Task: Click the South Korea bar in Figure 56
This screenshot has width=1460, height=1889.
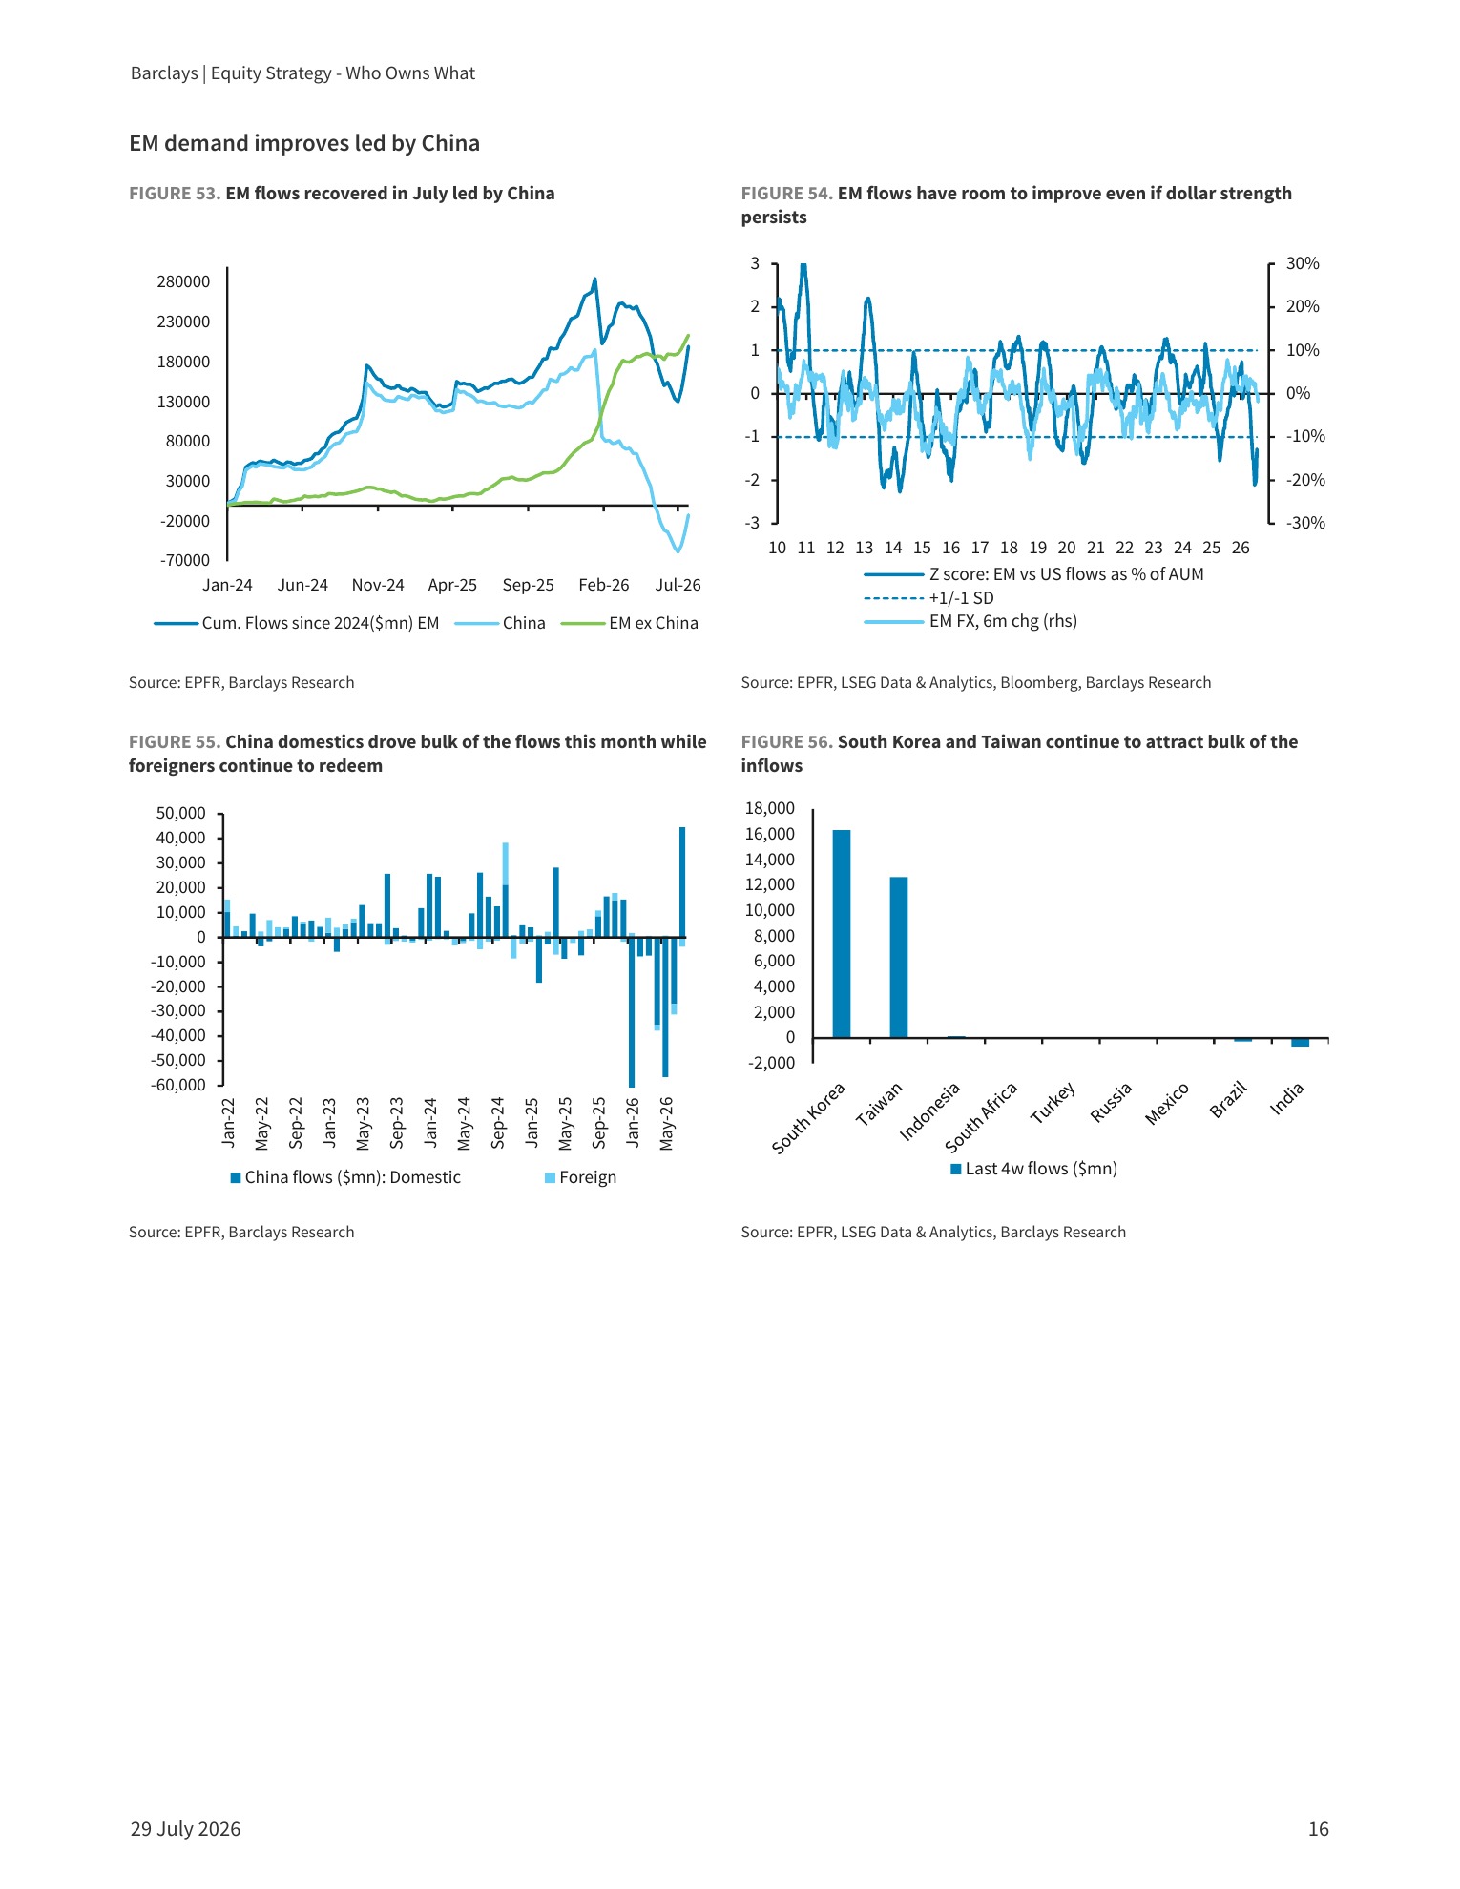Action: tap(841, 933)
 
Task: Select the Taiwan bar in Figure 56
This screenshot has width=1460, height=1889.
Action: tap(899, 957)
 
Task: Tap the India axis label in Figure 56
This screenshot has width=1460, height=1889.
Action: tap(1286, 1099)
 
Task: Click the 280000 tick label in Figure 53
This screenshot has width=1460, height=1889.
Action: tap(183, 281)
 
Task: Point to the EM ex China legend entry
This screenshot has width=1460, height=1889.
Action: tap(630, 623)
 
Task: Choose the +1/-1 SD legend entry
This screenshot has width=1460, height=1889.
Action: tap(928, 598)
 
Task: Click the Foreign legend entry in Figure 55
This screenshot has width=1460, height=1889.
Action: tap(580, 1177)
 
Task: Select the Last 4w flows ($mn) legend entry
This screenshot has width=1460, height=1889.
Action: tap(1033, 1169)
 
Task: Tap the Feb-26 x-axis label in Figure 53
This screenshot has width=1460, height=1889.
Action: tap(604, 585)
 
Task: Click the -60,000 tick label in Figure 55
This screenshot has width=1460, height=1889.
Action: tap(178, 1085)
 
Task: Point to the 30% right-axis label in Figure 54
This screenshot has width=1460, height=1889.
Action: tap(1303, 263)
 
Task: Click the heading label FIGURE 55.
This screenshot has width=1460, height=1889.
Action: tap(175, 742)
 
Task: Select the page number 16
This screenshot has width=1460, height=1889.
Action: tap(1318, 1829)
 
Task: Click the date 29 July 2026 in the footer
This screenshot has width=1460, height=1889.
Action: tap(186, 1829)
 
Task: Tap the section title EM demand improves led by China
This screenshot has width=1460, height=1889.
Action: tap(304, 143)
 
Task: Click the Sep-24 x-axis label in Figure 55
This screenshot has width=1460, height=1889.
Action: tap(498, 1123)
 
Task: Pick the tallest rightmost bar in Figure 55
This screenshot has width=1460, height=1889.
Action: tap(682, 882)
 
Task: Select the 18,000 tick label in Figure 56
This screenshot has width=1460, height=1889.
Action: tap(770, 808)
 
